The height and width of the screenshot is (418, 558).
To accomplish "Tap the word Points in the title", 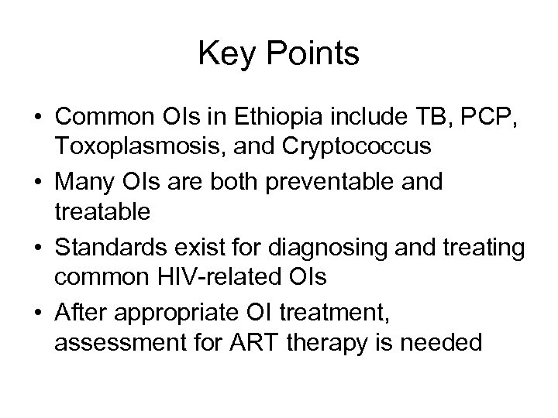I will click(x=314, y=55).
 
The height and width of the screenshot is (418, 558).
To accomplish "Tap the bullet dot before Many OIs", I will click(x=37, y=183).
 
